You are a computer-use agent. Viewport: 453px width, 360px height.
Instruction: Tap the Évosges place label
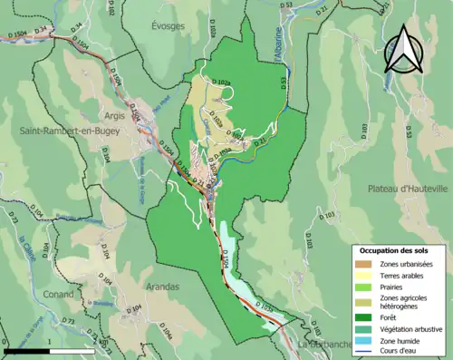168,26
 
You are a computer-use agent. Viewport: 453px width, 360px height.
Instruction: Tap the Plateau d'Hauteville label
408,189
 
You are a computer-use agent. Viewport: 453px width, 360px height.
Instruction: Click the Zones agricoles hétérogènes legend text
404,301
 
